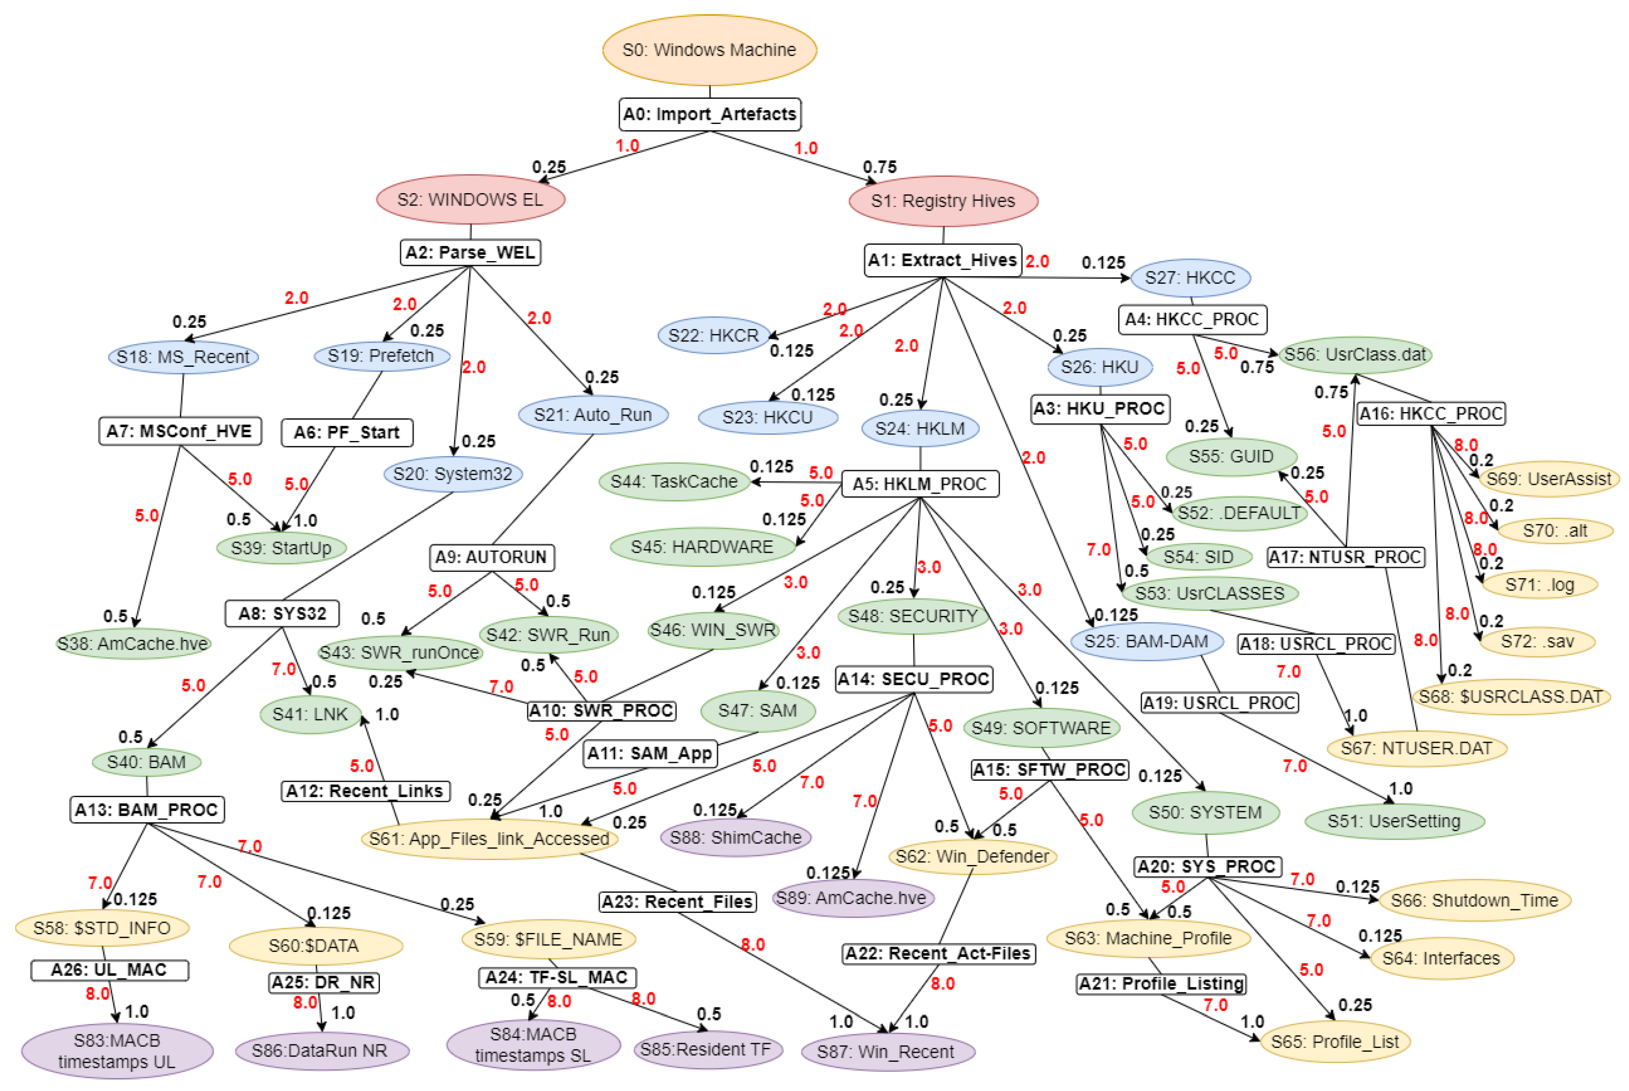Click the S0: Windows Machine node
pyautogui.click(x=709, y=50)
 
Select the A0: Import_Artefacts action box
pyautogui.click(x=709, y=114)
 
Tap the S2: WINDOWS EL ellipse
pyautogui.click(x=470, y=200)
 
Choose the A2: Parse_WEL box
pyautogui.click(x=470, y=253)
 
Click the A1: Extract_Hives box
pyautogui.click(x=942, y=260)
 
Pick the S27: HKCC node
pyautogui.click(x=1190, y=278)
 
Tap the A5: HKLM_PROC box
pyautogui.click(x=920, y=484)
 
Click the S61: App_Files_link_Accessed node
pyautogui.click(x=489, y=838)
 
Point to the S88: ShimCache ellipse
pyautogui.click(x=735, y=837)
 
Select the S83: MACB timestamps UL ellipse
pyautogui.click(x=117, y=1051)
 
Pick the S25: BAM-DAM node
pyautogui.click(x=1146, y=641)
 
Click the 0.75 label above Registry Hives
pyautogui.click(x=879, y=167)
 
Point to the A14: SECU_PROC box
pyautogui.click(x=913, y=679)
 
